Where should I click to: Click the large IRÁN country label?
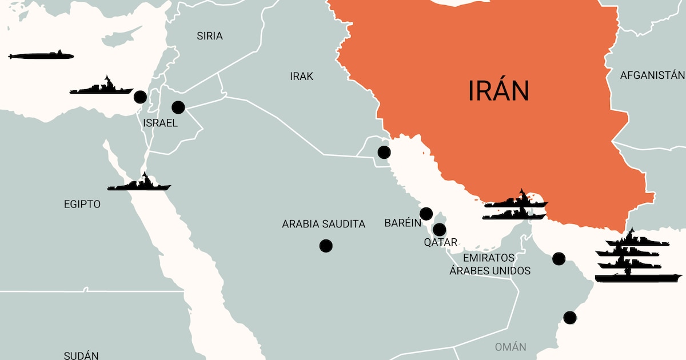click(498, 90)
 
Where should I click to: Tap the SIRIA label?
click(209, 36)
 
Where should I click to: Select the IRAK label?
click(302, 76)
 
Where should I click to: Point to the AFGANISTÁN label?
click(652, 75)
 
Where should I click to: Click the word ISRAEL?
click(161, 123)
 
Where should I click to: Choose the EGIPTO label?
click(82, 204)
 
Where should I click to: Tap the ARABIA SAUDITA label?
click(324, 224)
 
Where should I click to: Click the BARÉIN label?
click(403, 223)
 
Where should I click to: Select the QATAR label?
click(440, 242)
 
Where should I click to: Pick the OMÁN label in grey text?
click(510, 347)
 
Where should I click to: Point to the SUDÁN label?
click(81, 355)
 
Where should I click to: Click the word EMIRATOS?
click(489, 258)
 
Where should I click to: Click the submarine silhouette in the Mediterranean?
click(41, 55)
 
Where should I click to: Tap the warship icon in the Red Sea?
click(139, 183)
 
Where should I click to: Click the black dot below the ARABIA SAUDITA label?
click(326, 246)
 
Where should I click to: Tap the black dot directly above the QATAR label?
click(439, 230)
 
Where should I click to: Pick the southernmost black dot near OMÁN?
click(569, 317)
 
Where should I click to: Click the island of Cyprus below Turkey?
click(117, 38)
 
